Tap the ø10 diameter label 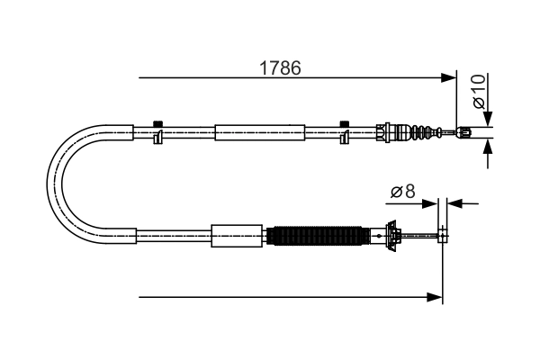(480, 90)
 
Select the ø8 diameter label (401, 191)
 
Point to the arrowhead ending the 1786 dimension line (449, 78)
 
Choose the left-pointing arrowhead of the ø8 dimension (454, 203)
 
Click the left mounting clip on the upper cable (157, 132)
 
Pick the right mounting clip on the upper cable (344, 132)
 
